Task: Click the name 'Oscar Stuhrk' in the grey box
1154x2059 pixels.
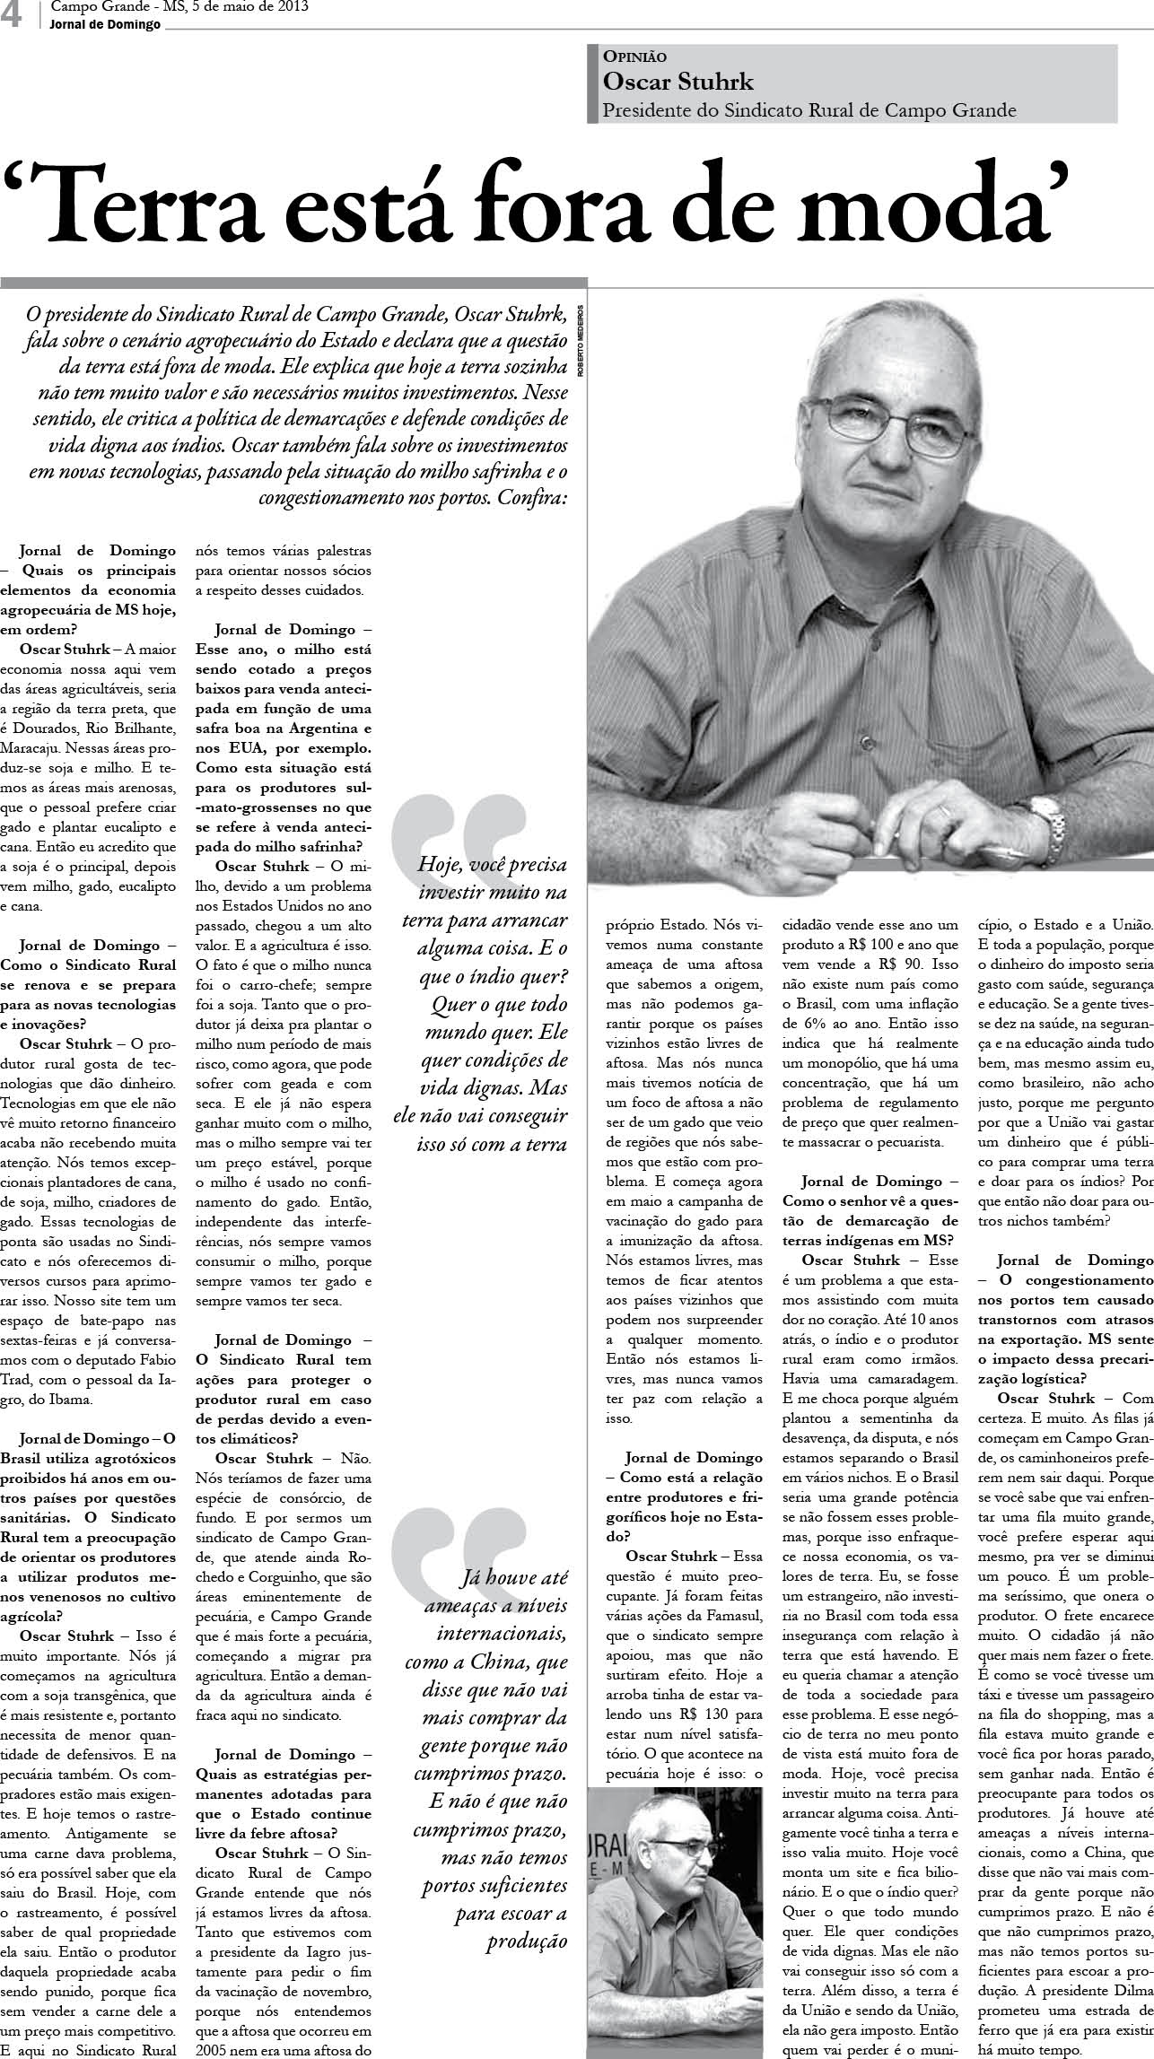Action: point(678,83)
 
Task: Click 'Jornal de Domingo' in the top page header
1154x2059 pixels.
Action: point(106,24)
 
